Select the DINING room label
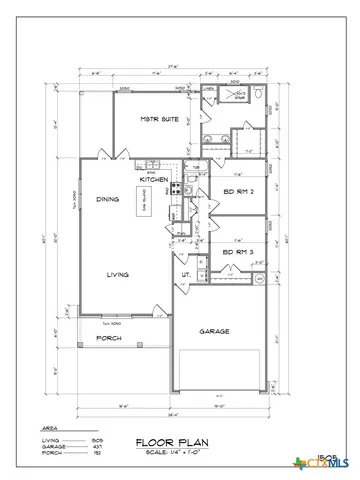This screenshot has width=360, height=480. click(108, 200)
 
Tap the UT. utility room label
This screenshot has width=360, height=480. click(187, 274)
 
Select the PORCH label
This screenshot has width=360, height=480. click(109, 338)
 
